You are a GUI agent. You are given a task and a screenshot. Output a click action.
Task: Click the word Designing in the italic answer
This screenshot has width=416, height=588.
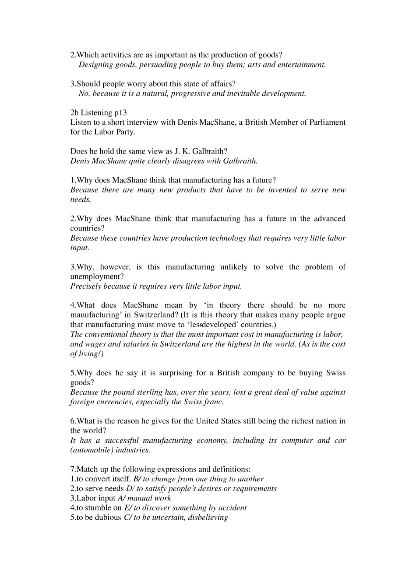96,65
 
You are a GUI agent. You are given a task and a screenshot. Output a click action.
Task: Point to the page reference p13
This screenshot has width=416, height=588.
120,113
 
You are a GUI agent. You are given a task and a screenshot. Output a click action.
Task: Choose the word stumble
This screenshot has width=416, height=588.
98,508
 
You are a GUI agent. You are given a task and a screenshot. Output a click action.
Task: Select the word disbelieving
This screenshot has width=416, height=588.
208,518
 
